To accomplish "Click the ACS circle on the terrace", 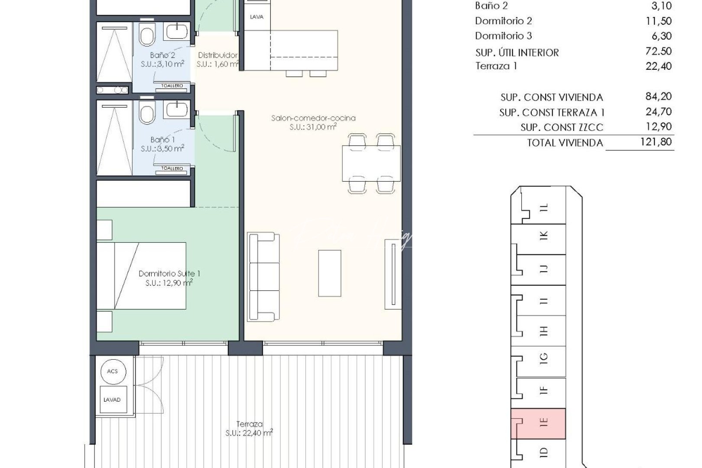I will [112, 371].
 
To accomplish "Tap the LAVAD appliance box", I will [112, 400].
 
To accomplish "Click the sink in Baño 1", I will [176, 110].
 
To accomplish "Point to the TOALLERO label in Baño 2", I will [172, 86].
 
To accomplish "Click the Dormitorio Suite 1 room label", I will [169, 278].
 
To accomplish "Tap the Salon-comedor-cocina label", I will [313, 122].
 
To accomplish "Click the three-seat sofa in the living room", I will [263, 277].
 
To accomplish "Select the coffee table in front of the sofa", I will [329, 273].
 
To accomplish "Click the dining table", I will [371, 163].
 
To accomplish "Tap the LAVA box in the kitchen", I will [256, 17].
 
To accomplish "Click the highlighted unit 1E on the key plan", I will [538, 423].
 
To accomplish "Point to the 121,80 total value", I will [656, 142].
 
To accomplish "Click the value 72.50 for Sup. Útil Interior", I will [658, 51].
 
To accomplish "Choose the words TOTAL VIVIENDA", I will [565, 143].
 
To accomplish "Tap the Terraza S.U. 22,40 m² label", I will [249, 429].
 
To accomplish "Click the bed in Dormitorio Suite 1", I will [141, 276].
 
